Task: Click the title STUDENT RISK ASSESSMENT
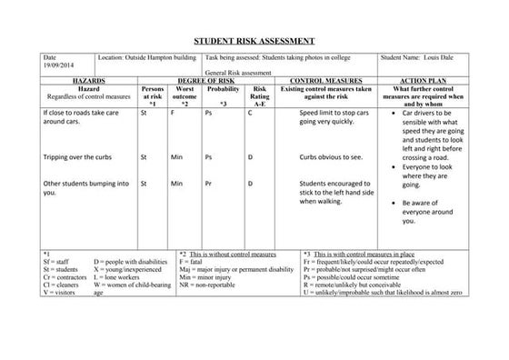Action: point(254,41)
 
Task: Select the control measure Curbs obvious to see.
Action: point(332,156)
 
